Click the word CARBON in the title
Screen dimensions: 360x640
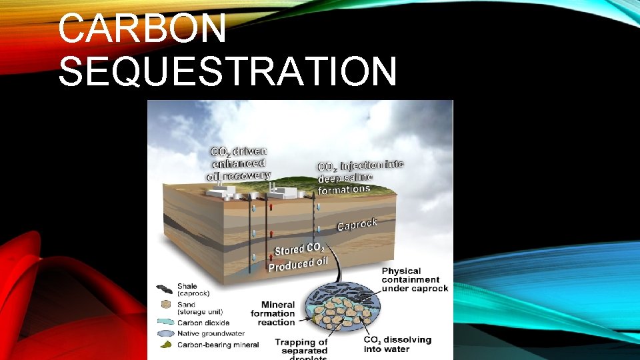click(142, 30)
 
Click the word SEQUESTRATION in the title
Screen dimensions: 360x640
click(227, 72)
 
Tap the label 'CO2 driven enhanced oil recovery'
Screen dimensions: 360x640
click(239, 163)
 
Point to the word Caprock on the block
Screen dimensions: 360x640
click(357, 225)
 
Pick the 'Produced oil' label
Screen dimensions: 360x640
click(298, 264)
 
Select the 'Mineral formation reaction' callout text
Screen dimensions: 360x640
click(273, 313)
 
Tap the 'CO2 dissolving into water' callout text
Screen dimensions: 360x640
click(397, 344)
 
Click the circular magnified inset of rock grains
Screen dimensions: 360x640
click(342, 312)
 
